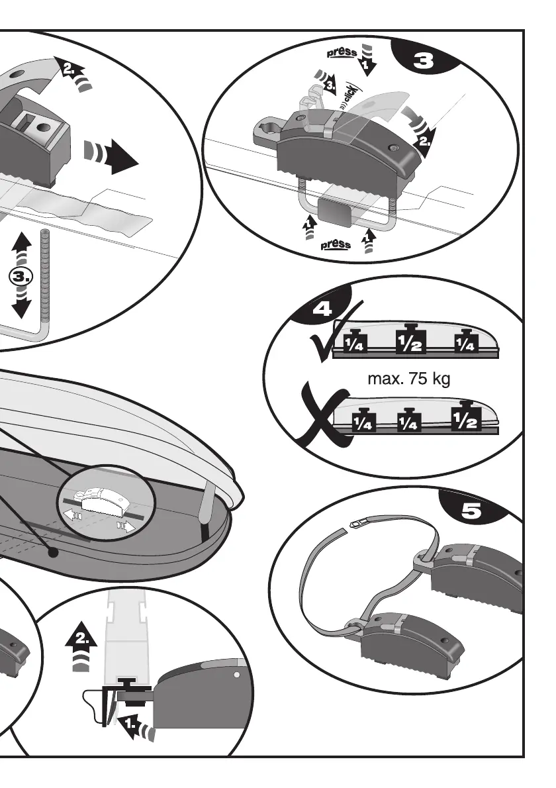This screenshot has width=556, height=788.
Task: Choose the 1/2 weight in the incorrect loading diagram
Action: click(465, 417)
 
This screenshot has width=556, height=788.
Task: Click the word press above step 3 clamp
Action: click(343, 52)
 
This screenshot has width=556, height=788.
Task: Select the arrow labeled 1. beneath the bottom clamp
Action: click(132, 726)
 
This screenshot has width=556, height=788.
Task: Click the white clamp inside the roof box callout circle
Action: click(103, 501)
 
